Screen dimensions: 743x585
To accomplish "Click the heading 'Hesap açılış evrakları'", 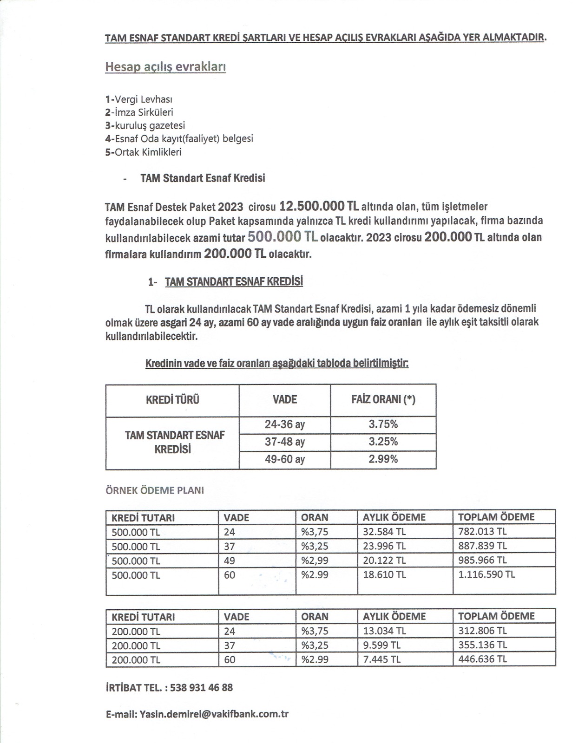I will point(165,67).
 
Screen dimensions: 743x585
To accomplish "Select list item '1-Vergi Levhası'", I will point(139,99).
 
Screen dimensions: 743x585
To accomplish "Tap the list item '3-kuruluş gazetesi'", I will point(145,125).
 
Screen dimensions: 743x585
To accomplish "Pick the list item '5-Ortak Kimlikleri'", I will point(143,152).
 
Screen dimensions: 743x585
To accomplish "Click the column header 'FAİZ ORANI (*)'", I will point(383,400).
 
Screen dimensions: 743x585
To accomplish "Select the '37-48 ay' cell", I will point(284,442).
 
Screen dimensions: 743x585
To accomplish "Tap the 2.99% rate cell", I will point(383,459).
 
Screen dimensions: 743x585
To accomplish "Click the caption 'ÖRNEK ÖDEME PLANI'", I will point(155,490).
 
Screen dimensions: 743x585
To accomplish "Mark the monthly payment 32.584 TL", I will point(384,532).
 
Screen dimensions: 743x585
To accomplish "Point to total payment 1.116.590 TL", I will point(486,574).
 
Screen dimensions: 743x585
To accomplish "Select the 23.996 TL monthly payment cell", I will point(384,546).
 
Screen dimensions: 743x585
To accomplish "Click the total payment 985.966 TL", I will point(482,561).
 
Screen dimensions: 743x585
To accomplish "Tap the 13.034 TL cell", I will point(384,631).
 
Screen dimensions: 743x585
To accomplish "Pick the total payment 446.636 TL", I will point(482,659).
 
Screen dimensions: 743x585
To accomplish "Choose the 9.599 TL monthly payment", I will point(381,645).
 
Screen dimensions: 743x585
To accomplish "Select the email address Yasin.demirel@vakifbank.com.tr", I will point(214,714).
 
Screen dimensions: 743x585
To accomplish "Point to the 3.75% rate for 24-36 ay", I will point(383,424).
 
